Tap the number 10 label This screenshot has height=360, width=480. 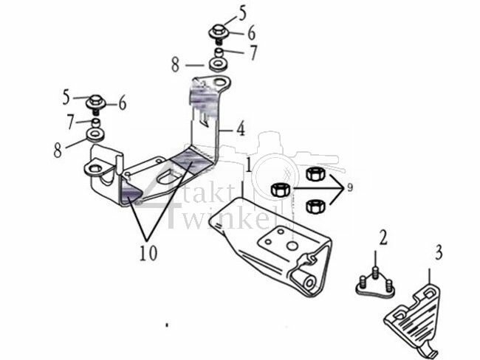coord(149,251)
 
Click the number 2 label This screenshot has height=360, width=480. coord(383,238)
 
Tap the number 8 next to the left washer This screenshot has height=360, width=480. coord(58,152)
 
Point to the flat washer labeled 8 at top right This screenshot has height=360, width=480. coord(219,65)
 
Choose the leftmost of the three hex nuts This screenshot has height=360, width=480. coord(280,190)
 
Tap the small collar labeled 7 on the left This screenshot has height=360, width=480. coord(95,120)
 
